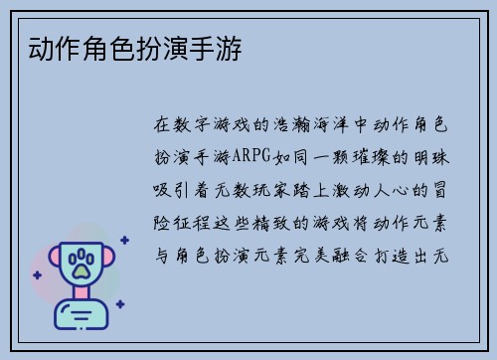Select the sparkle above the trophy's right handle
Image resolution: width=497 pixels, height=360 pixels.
[123, 240]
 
